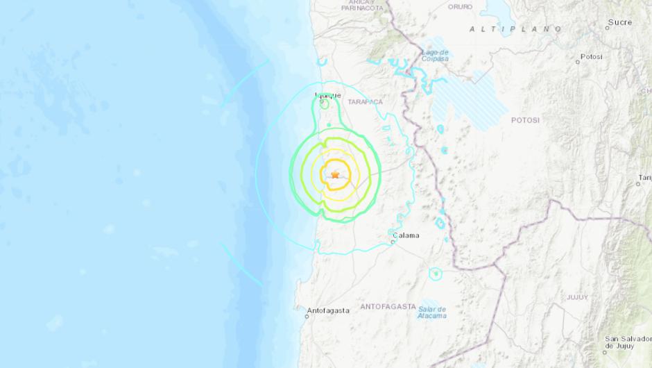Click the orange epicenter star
[336, 174]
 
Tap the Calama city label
[406, 235]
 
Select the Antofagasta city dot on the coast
[307, 317]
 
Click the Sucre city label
[619, 22]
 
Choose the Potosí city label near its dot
[591, 56]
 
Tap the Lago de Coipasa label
[435, 56]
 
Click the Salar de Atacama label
[431, 312]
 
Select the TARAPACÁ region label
[366, 101]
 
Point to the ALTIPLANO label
[515, 28]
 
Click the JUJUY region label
[577, 297]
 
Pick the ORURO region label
[460, 6]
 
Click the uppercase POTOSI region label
[525, 120]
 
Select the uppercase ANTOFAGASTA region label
[388, 306]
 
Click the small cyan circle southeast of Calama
[435, 274]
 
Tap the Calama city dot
[393, 241]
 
